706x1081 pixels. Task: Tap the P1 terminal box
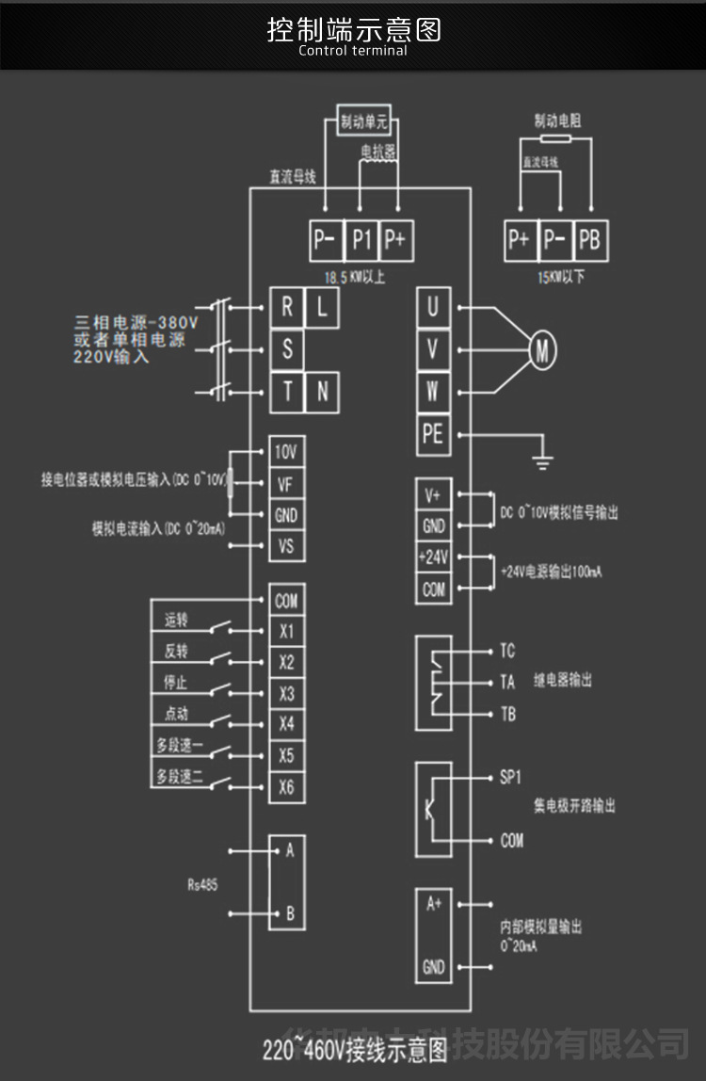(362, 240)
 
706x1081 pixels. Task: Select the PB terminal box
(588, 240)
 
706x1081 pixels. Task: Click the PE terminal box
(433, 434)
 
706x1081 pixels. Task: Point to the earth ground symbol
(543, 460)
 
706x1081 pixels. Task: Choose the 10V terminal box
(286, 452)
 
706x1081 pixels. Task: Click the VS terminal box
(286, 546)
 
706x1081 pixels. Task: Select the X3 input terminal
(286, 694)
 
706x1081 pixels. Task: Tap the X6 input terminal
(286, 786)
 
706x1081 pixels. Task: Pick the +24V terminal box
(433, 557)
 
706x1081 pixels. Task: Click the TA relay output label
(508, 683)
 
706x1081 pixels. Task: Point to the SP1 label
(511, 778)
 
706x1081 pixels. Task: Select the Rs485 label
(202, 884)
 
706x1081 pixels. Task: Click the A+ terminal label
(433, 905)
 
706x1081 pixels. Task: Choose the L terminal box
(322, 307)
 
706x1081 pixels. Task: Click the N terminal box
(322, 391)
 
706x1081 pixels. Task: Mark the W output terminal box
(433, 391)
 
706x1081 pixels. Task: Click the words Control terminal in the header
(353, 50)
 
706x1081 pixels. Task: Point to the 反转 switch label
(176, 651)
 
